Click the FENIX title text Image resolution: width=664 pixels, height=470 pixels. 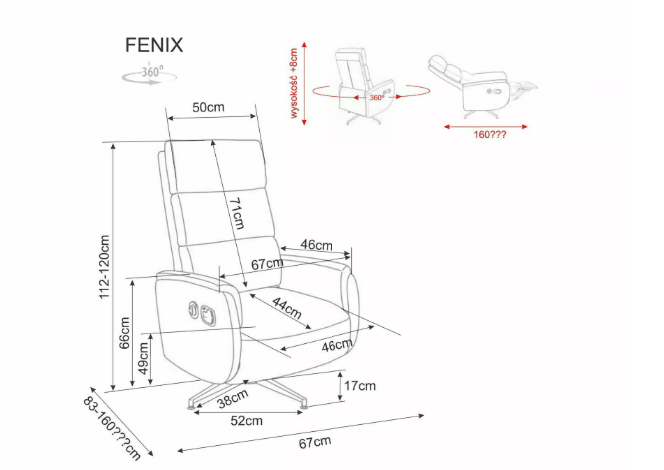coord(153,44)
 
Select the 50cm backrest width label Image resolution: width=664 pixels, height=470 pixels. coord(208,107)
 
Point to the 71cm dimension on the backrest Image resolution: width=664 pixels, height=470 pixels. coord(235,213)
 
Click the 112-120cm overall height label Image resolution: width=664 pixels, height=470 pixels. coord(104,268)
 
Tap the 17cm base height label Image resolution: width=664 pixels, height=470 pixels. coord(360,386)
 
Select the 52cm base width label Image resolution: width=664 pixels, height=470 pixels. coord(246,421)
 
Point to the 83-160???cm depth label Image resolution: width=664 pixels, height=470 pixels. coord(111,425)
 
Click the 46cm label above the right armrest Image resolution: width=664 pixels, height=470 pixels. coord(316,245)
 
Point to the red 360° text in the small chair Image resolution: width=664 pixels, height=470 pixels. coord(376,98)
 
